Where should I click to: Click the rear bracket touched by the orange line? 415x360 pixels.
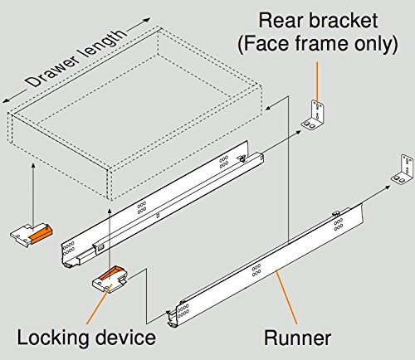coord(315,114)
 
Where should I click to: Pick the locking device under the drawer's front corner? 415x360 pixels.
coord(32,235)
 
